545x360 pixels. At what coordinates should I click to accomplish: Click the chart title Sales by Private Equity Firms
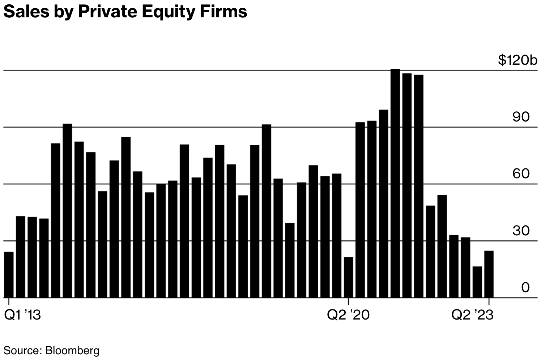125,12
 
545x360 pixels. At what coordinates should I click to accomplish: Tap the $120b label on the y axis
518,60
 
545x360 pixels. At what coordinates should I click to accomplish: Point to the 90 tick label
521,117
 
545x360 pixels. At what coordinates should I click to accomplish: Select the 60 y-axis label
521,174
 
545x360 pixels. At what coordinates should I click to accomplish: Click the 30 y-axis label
521,231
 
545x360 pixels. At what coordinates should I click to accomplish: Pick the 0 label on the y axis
525,287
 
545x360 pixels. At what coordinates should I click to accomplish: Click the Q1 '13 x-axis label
22,315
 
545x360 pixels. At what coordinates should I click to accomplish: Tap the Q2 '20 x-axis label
348,315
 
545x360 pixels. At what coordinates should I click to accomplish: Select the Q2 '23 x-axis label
472,315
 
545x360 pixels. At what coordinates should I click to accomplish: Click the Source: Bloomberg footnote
51,350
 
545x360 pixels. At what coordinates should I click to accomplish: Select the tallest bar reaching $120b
395,183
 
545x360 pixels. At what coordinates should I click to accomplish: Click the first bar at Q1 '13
9,275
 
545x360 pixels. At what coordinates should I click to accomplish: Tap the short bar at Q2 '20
348,277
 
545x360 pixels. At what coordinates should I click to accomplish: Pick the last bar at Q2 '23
489,274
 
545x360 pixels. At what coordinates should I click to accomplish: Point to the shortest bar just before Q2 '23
477,282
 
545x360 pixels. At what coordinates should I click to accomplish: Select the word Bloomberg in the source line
72,350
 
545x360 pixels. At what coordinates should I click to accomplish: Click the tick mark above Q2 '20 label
348,301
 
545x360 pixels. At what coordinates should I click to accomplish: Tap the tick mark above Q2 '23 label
489,301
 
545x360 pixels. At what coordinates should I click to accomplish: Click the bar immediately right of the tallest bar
407,185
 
